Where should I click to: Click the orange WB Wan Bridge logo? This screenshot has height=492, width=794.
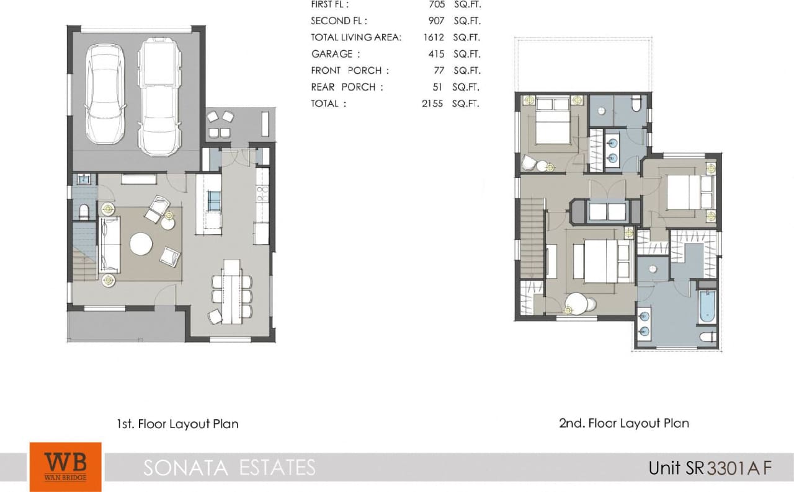tap(65, 466)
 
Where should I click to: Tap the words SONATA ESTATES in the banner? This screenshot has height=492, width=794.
tap(229, 467)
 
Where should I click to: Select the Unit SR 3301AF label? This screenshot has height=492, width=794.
tap(710, 467)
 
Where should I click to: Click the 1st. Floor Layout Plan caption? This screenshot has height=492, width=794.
tap(177, 424)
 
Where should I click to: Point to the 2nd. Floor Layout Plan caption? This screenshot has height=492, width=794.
tap(624, 423)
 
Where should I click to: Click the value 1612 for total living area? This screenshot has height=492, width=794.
tap(434, 37)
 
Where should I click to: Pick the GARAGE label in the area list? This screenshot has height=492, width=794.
tap(332, 54)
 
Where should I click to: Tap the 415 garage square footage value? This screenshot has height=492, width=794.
tap(436, 54)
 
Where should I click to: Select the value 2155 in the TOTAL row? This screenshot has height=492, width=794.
tap(432, 103)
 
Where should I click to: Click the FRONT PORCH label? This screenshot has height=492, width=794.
tap(346, 71)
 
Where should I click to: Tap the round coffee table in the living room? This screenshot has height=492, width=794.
tap(141, 244)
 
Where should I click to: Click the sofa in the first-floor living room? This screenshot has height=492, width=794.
tap(109, 245)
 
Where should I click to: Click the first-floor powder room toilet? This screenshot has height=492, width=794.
tap(84, 213)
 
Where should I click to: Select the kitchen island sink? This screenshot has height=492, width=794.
tap(213, 201)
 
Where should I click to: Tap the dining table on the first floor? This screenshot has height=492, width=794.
tap(231, 291)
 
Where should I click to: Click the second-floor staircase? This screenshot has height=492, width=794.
tap(532, 235)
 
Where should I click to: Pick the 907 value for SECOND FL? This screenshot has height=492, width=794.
tap(436, 20)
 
